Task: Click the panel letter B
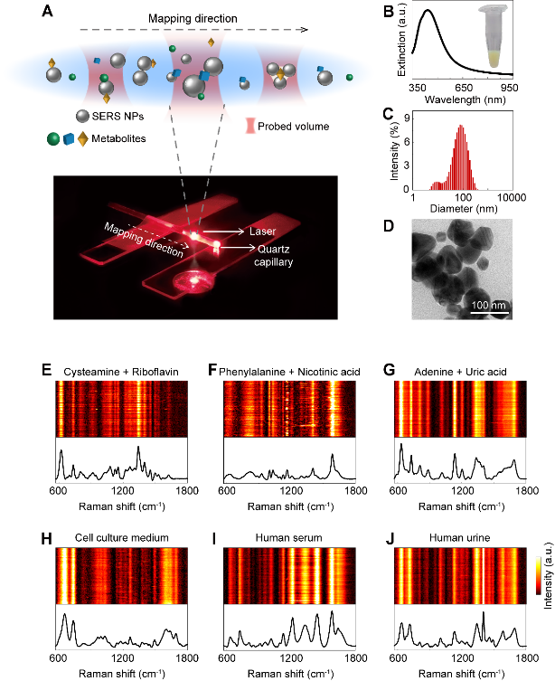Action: click(389, 11)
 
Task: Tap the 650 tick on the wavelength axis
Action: click(464, 88)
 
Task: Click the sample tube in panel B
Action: click(495, 36)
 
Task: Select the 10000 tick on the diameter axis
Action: click(512, 198)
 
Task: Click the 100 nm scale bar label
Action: click(489, 305)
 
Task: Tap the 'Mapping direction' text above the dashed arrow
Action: click(193, 19)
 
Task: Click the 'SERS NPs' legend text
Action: click(118, 117)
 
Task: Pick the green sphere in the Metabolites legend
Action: click(53, 139)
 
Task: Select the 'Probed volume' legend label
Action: click(294, 127)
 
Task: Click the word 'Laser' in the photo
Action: click(262, 232)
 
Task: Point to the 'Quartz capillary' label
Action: click(273, 255)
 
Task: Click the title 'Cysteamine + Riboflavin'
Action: click(121, 372)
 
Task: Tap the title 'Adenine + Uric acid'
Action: click(460, 372)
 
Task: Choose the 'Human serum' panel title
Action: click(288, 538)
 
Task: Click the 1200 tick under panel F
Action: click(291, 491)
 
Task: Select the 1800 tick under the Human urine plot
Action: click(527, 658)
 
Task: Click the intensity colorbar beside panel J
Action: click(539, 575)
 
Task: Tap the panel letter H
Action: click(46, 539)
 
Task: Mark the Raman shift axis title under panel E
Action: click(122, 506)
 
